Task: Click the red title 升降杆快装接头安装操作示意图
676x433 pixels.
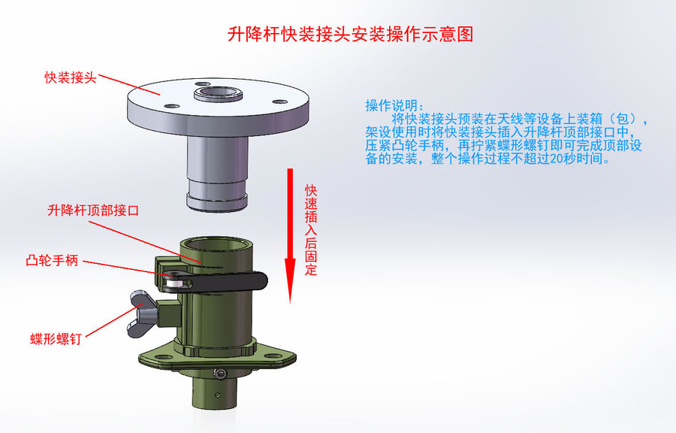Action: pos(350,34)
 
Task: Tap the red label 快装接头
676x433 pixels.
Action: pos(71,77)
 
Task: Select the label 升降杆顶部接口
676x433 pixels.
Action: pos(93,210)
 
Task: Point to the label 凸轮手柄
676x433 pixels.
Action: pos(52,261)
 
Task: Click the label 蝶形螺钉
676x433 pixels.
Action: pos(56,338)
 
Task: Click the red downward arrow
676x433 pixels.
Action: pos(290,235)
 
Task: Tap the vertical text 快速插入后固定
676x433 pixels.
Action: pos(311,230)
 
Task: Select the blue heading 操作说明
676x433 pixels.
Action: pos(395,105)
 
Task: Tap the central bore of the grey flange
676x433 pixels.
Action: pos(218,92)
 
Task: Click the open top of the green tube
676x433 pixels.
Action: pos(217,244)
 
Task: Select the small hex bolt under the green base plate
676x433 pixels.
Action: pos(221,373)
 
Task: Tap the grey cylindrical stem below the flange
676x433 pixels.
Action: pos(217,172)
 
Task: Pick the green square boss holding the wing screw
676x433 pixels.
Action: pos(168,313)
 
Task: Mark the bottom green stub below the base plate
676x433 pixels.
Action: pos(214,390)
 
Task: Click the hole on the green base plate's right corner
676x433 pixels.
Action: pos(273,356)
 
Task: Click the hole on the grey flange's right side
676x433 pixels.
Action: pos(280,102)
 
